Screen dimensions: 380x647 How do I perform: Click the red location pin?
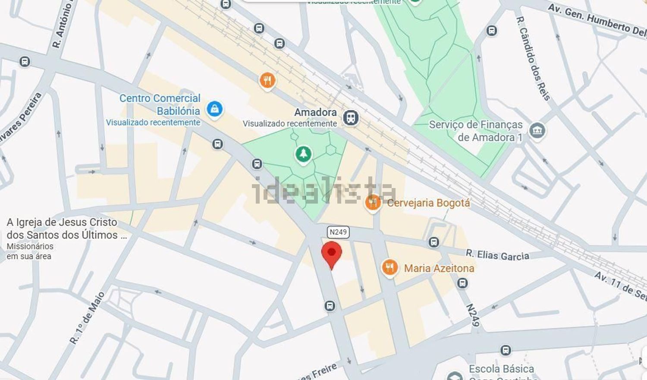tap(331, 254)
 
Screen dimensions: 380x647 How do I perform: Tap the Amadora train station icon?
tap(351, 117)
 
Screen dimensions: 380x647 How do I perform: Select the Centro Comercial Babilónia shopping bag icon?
tap(214, 109)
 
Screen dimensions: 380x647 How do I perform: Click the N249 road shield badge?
tap(338, 232)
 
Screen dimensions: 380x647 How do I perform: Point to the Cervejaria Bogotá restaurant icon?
tap(373, 202)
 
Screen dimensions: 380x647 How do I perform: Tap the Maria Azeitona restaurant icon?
tap(389, 267)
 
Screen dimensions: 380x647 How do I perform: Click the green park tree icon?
tap(303, 154)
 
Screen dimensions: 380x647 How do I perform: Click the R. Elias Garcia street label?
tap(497, 255)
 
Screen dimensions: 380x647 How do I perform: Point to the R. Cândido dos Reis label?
tap(533, 58)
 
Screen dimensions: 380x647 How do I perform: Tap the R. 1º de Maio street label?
tap(87, 318)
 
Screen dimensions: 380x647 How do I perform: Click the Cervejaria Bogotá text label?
tap(428, 203)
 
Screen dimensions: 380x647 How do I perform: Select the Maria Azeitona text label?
tap(439, 268)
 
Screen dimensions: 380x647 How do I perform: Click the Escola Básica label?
tap(501, 369)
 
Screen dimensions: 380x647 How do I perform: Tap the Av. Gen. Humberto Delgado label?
tap(597, 19)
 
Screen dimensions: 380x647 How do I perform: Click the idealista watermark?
tap(323, 191)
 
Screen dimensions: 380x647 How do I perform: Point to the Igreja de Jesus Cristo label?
tap(62, 229)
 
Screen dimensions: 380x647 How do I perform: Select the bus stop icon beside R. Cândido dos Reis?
tap(491, 31)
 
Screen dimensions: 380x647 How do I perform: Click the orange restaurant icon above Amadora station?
tap(267, 80)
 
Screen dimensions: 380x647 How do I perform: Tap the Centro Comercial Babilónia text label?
tap(160, 104)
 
